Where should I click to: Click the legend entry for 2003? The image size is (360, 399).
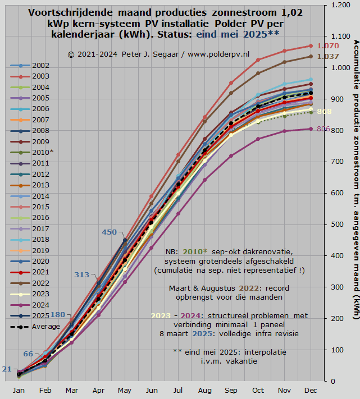[41, 76]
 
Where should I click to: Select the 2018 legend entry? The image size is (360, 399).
[41, 240]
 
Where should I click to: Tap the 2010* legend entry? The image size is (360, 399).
[43, 153]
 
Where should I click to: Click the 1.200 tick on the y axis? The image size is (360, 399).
[340, 5]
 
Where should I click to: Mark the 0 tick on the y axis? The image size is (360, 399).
[334, 382]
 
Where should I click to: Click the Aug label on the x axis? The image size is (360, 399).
[204, 389]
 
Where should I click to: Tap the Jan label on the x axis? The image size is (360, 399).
[19, 389]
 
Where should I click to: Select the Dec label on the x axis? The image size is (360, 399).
[310, 389]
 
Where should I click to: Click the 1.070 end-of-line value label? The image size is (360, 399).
[327, 46]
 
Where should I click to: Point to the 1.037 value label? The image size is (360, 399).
[327, 57]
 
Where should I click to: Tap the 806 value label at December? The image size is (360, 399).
[323, 129]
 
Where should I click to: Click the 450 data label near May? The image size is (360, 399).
[110, 232]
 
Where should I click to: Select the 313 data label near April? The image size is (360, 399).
[82, 275]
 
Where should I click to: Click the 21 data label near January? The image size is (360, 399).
[7, 369]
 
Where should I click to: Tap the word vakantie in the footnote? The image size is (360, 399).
[241, 361]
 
